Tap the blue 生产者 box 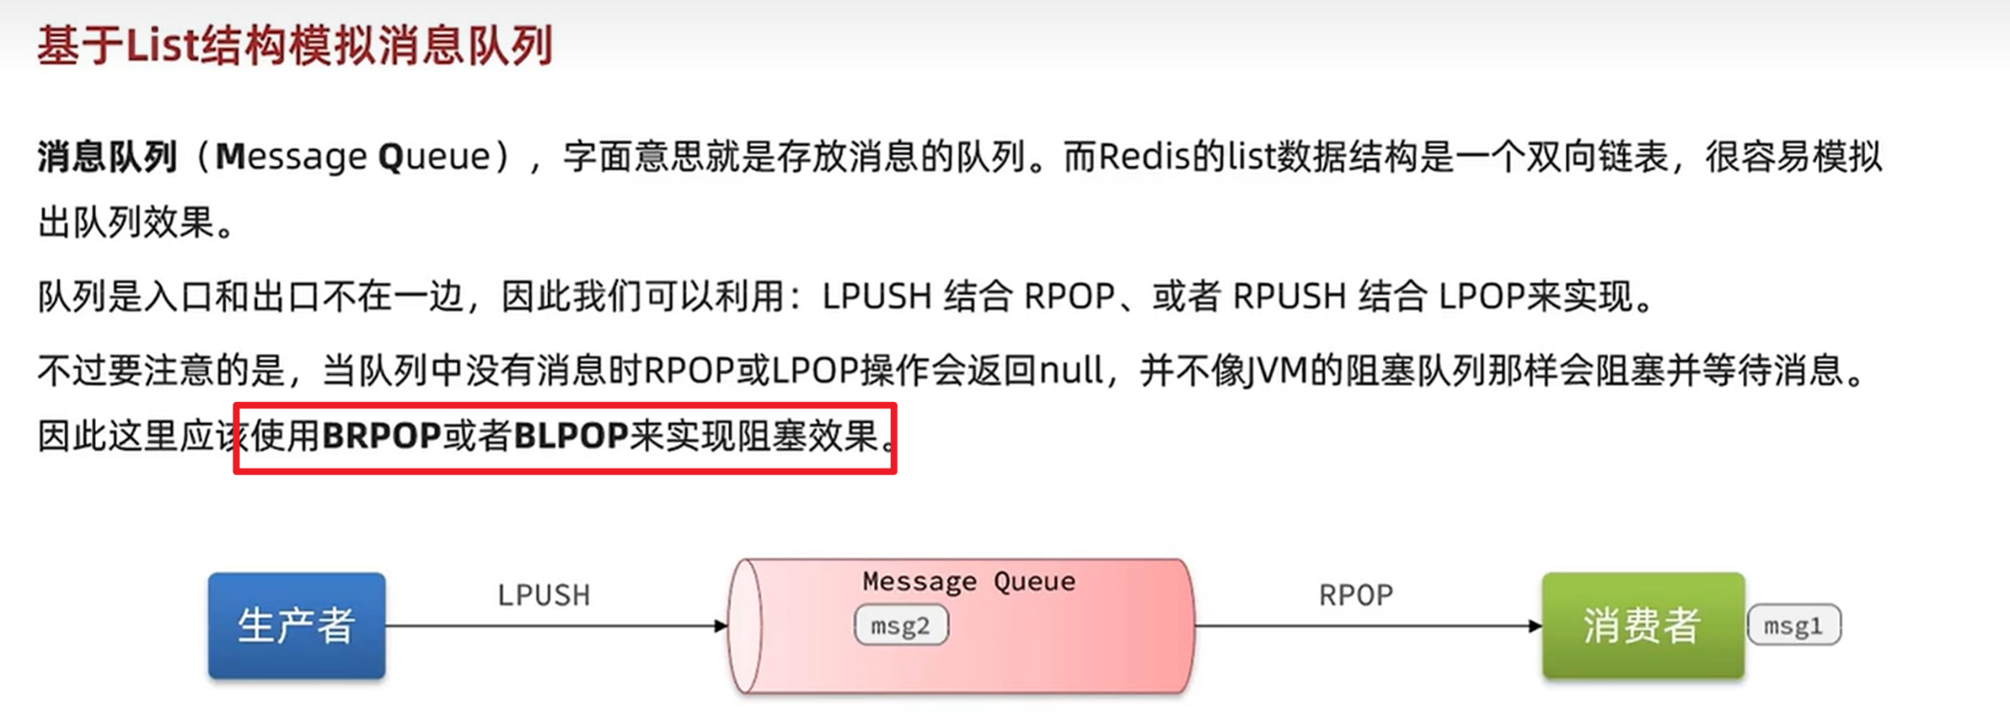click(x=297, y=626)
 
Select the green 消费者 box click(x=1642, y=626)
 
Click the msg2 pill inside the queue click(x=901, y=626)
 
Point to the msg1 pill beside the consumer click(x=1793, y=626)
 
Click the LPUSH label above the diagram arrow click(x=543, y=595)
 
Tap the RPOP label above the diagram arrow click(x=1355, y=595)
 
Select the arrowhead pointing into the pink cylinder click(x=721, y=626)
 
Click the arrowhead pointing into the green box click(x=1534, y=626)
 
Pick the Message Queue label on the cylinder click(x=968, y=581)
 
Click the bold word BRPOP click(x=382, y=436)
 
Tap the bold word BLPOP click(x=571, y=436)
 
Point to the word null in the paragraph click(x=1071, y=371)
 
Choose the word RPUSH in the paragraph click(x=1289, y=298)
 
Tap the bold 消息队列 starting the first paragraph click(x=107, y=157)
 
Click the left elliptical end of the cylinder click(x=746, y=626)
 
